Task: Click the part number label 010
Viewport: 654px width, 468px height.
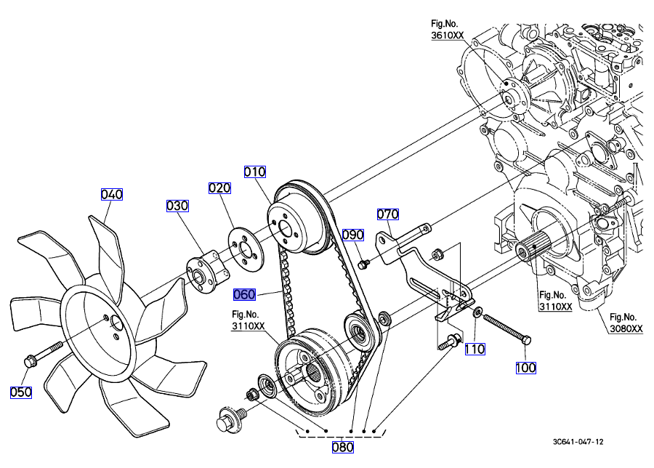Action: coord(255,172)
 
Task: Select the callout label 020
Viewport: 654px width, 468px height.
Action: coord(219,188)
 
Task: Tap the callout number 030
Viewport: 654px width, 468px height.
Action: coord(177,206)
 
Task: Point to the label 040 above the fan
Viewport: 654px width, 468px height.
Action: coord(112,194)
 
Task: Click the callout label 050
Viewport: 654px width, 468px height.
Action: coord(21,392)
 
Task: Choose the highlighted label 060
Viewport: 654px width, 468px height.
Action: coord(244,295)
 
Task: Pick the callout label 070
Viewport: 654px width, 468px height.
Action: coord(388,214)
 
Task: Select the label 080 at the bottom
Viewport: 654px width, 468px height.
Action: coord(342,447)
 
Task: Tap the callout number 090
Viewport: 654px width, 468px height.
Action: coord(353,235)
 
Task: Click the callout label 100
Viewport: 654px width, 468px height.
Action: coord(526,368)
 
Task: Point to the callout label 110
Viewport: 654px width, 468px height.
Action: coord(475,349)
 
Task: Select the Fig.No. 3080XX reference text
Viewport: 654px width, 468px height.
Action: coord(626,323)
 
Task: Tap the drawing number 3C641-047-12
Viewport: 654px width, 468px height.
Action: coord(578,441)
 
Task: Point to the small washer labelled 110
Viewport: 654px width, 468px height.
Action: coord(476,312)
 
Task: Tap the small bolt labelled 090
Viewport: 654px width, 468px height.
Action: coord(366,262)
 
